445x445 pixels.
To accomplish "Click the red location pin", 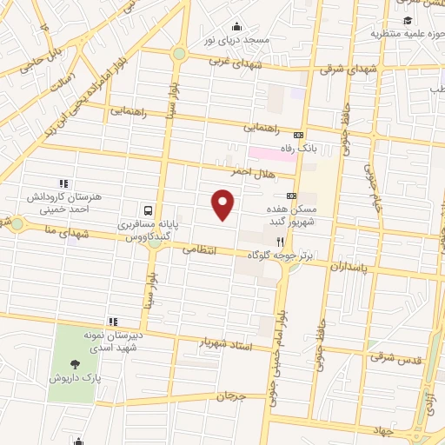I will click(x=223, y=203).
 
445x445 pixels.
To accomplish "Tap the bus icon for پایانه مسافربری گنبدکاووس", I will click(x=149, y=210).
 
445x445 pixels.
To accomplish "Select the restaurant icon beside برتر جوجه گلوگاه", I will click(x=280, y=242).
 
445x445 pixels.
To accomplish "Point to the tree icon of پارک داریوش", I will click(x=76, y=365).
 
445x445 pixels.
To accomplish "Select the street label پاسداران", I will click(x=349, y=266).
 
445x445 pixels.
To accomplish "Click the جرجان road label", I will click(x=232, y=396).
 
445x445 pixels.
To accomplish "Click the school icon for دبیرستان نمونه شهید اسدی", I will click(x=112, y=322).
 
